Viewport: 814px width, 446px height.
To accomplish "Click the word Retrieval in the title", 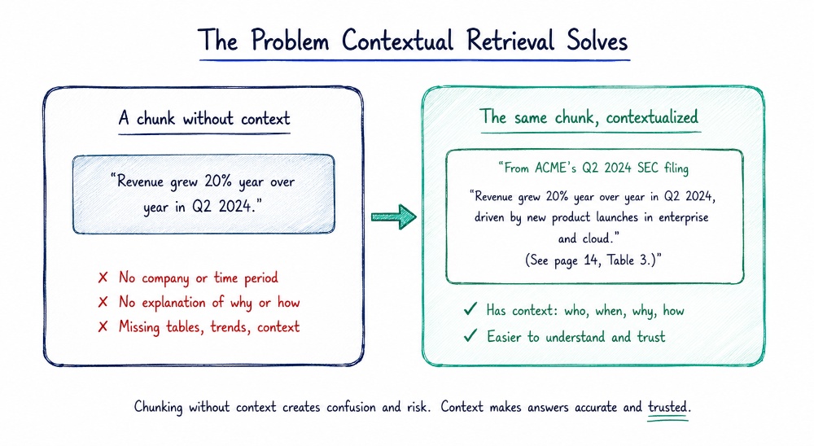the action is (x=510, y=40).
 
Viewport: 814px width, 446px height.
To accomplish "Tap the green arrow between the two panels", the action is (x=394, y=216).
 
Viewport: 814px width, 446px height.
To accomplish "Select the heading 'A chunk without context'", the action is (x=204, y=119).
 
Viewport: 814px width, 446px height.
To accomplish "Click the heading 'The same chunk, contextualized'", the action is (x=589, y=117).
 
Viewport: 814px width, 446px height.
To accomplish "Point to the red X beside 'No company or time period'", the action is (x=103, y=278).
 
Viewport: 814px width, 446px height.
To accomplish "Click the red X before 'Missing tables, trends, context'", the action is (x=103, y=326).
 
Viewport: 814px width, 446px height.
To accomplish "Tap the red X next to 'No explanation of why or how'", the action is (x=103, y=302).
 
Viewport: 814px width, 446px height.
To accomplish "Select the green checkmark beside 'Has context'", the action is (x=470, y=309).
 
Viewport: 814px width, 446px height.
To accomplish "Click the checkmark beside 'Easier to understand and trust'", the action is (x=470, y=336).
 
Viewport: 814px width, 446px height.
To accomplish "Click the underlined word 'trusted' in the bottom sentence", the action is (x=667, y=407).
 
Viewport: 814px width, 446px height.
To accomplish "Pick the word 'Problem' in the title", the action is (x=290, y=40).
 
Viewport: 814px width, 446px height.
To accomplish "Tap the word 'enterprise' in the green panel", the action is (x=683, y=217).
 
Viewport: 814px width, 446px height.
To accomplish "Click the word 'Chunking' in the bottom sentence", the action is (x=159, y=407).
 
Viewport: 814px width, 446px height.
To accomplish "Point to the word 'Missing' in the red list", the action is (x=138, y=327).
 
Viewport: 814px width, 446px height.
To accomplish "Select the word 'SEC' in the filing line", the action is (x=651, y=168).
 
